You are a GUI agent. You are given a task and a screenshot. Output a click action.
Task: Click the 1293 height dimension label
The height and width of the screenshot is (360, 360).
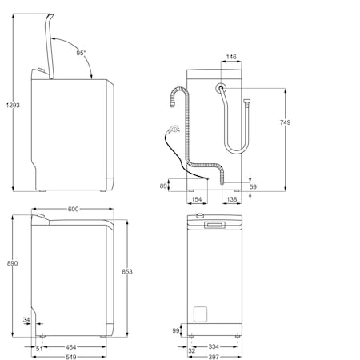click(13, 106)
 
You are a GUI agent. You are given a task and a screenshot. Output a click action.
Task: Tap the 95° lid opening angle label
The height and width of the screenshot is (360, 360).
click(81, 53)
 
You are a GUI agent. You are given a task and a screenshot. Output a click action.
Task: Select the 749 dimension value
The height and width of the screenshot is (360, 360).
click(285, 122)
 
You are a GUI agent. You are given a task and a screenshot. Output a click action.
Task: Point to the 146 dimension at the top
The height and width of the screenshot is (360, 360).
click(231, 57)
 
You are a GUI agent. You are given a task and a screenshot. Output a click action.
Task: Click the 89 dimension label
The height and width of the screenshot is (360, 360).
click(163, 186)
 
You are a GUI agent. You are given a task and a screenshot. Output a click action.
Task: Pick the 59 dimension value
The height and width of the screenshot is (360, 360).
click(253, 186)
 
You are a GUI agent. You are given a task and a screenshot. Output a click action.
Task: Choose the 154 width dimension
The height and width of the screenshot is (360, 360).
click(197, 199)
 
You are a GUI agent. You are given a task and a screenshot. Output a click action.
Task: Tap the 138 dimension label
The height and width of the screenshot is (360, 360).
click(232, 199)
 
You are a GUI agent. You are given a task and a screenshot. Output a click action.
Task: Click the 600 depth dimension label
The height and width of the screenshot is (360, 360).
click(73, 209)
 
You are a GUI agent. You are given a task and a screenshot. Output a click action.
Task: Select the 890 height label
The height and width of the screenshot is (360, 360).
click(12, 263)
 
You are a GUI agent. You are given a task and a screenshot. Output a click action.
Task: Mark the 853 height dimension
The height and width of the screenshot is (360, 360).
click(127, 271)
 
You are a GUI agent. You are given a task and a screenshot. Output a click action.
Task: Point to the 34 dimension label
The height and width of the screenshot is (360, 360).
click(26, 319)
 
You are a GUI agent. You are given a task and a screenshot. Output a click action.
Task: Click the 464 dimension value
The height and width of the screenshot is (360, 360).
click(71, 347)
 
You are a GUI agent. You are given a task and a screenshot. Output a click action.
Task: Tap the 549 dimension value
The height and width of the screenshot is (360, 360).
click(71, 357)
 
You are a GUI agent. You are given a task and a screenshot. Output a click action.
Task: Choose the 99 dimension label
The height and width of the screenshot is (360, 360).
click(176, 330)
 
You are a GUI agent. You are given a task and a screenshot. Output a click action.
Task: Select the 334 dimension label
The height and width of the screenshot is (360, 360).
click(214, 346)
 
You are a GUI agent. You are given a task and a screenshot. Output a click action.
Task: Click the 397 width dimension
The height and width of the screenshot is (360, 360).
click(214, 357)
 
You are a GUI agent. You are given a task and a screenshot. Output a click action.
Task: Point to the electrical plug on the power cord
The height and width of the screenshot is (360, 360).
click(173, 129)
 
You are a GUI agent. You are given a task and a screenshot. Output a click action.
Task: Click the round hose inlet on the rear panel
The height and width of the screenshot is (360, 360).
click(221, 87)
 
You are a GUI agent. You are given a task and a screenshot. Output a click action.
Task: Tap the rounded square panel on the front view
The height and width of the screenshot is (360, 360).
click(200, 314)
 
